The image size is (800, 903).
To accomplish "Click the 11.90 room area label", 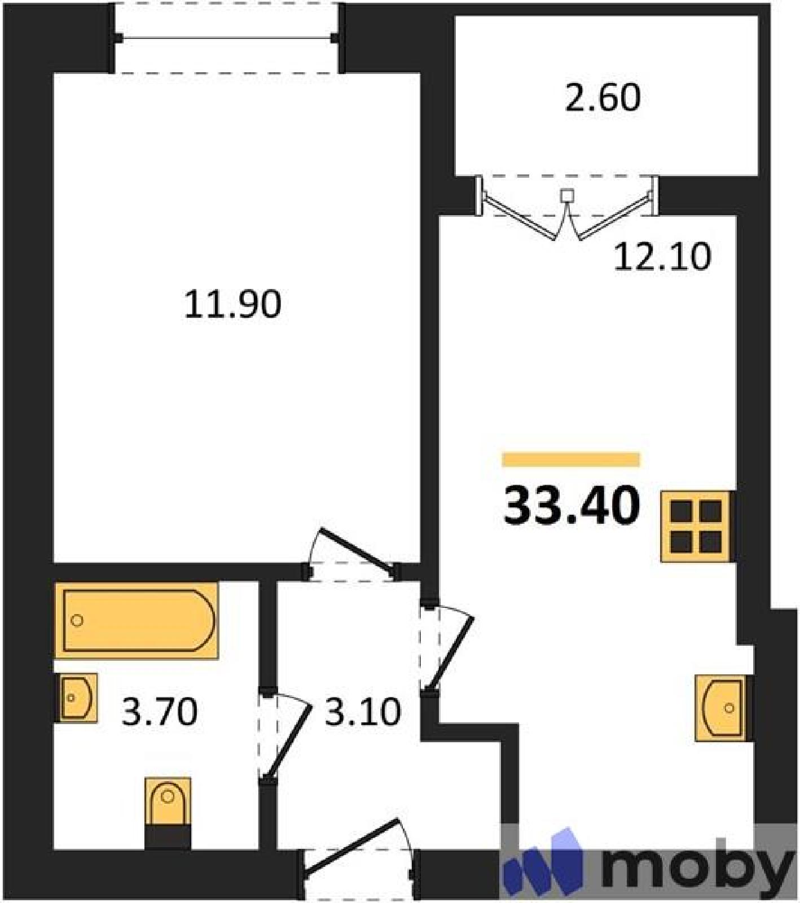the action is click(232, 304).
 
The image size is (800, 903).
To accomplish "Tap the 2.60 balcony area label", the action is click(603, 97).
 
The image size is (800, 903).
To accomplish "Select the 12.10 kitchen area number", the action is click(662, 257).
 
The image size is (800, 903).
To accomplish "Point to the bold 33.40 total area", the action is click(572, 506).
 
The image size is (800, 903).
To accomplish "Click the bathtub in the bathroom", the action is click(137, 621).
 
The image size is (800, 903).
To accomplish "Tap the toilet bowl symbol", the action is click(168, 813).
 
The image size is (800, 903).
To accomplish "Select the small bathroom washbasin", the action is click(77, 698).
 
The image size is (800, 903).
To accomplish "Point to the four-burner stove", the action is click(697, 527).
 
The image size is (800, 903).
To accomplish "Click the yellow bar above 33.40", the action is click(571, 459).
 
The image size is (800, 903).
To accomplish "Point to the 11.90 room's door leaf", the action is click(356, 547).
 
